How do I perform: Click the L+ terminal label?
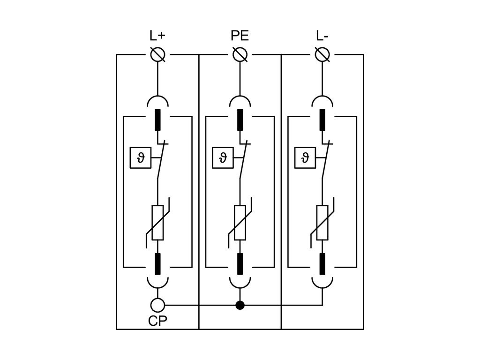(x=157, y=36)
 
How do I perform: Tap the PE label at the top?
(x=240, y=36)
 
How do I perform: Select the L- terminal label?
(x=322, y=36)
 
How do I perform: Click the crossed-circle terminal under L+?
(x=157, y=54)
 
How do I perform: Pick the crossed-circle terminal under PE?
(x=240, y=54)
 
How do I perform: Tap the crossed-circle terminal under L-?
(x=322, y=54)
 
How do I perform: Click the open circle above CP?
(x=157, y=306)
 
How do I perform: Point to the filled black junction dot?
(x=240, y=306)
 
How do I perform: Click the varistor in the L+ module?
(x=157, y=223)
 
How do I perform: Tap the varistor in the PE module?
(x=240, y=223)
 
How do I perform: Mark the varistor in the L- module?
(x=322, y=223)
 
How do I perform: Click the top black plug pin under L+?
(x=157, y=120)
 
